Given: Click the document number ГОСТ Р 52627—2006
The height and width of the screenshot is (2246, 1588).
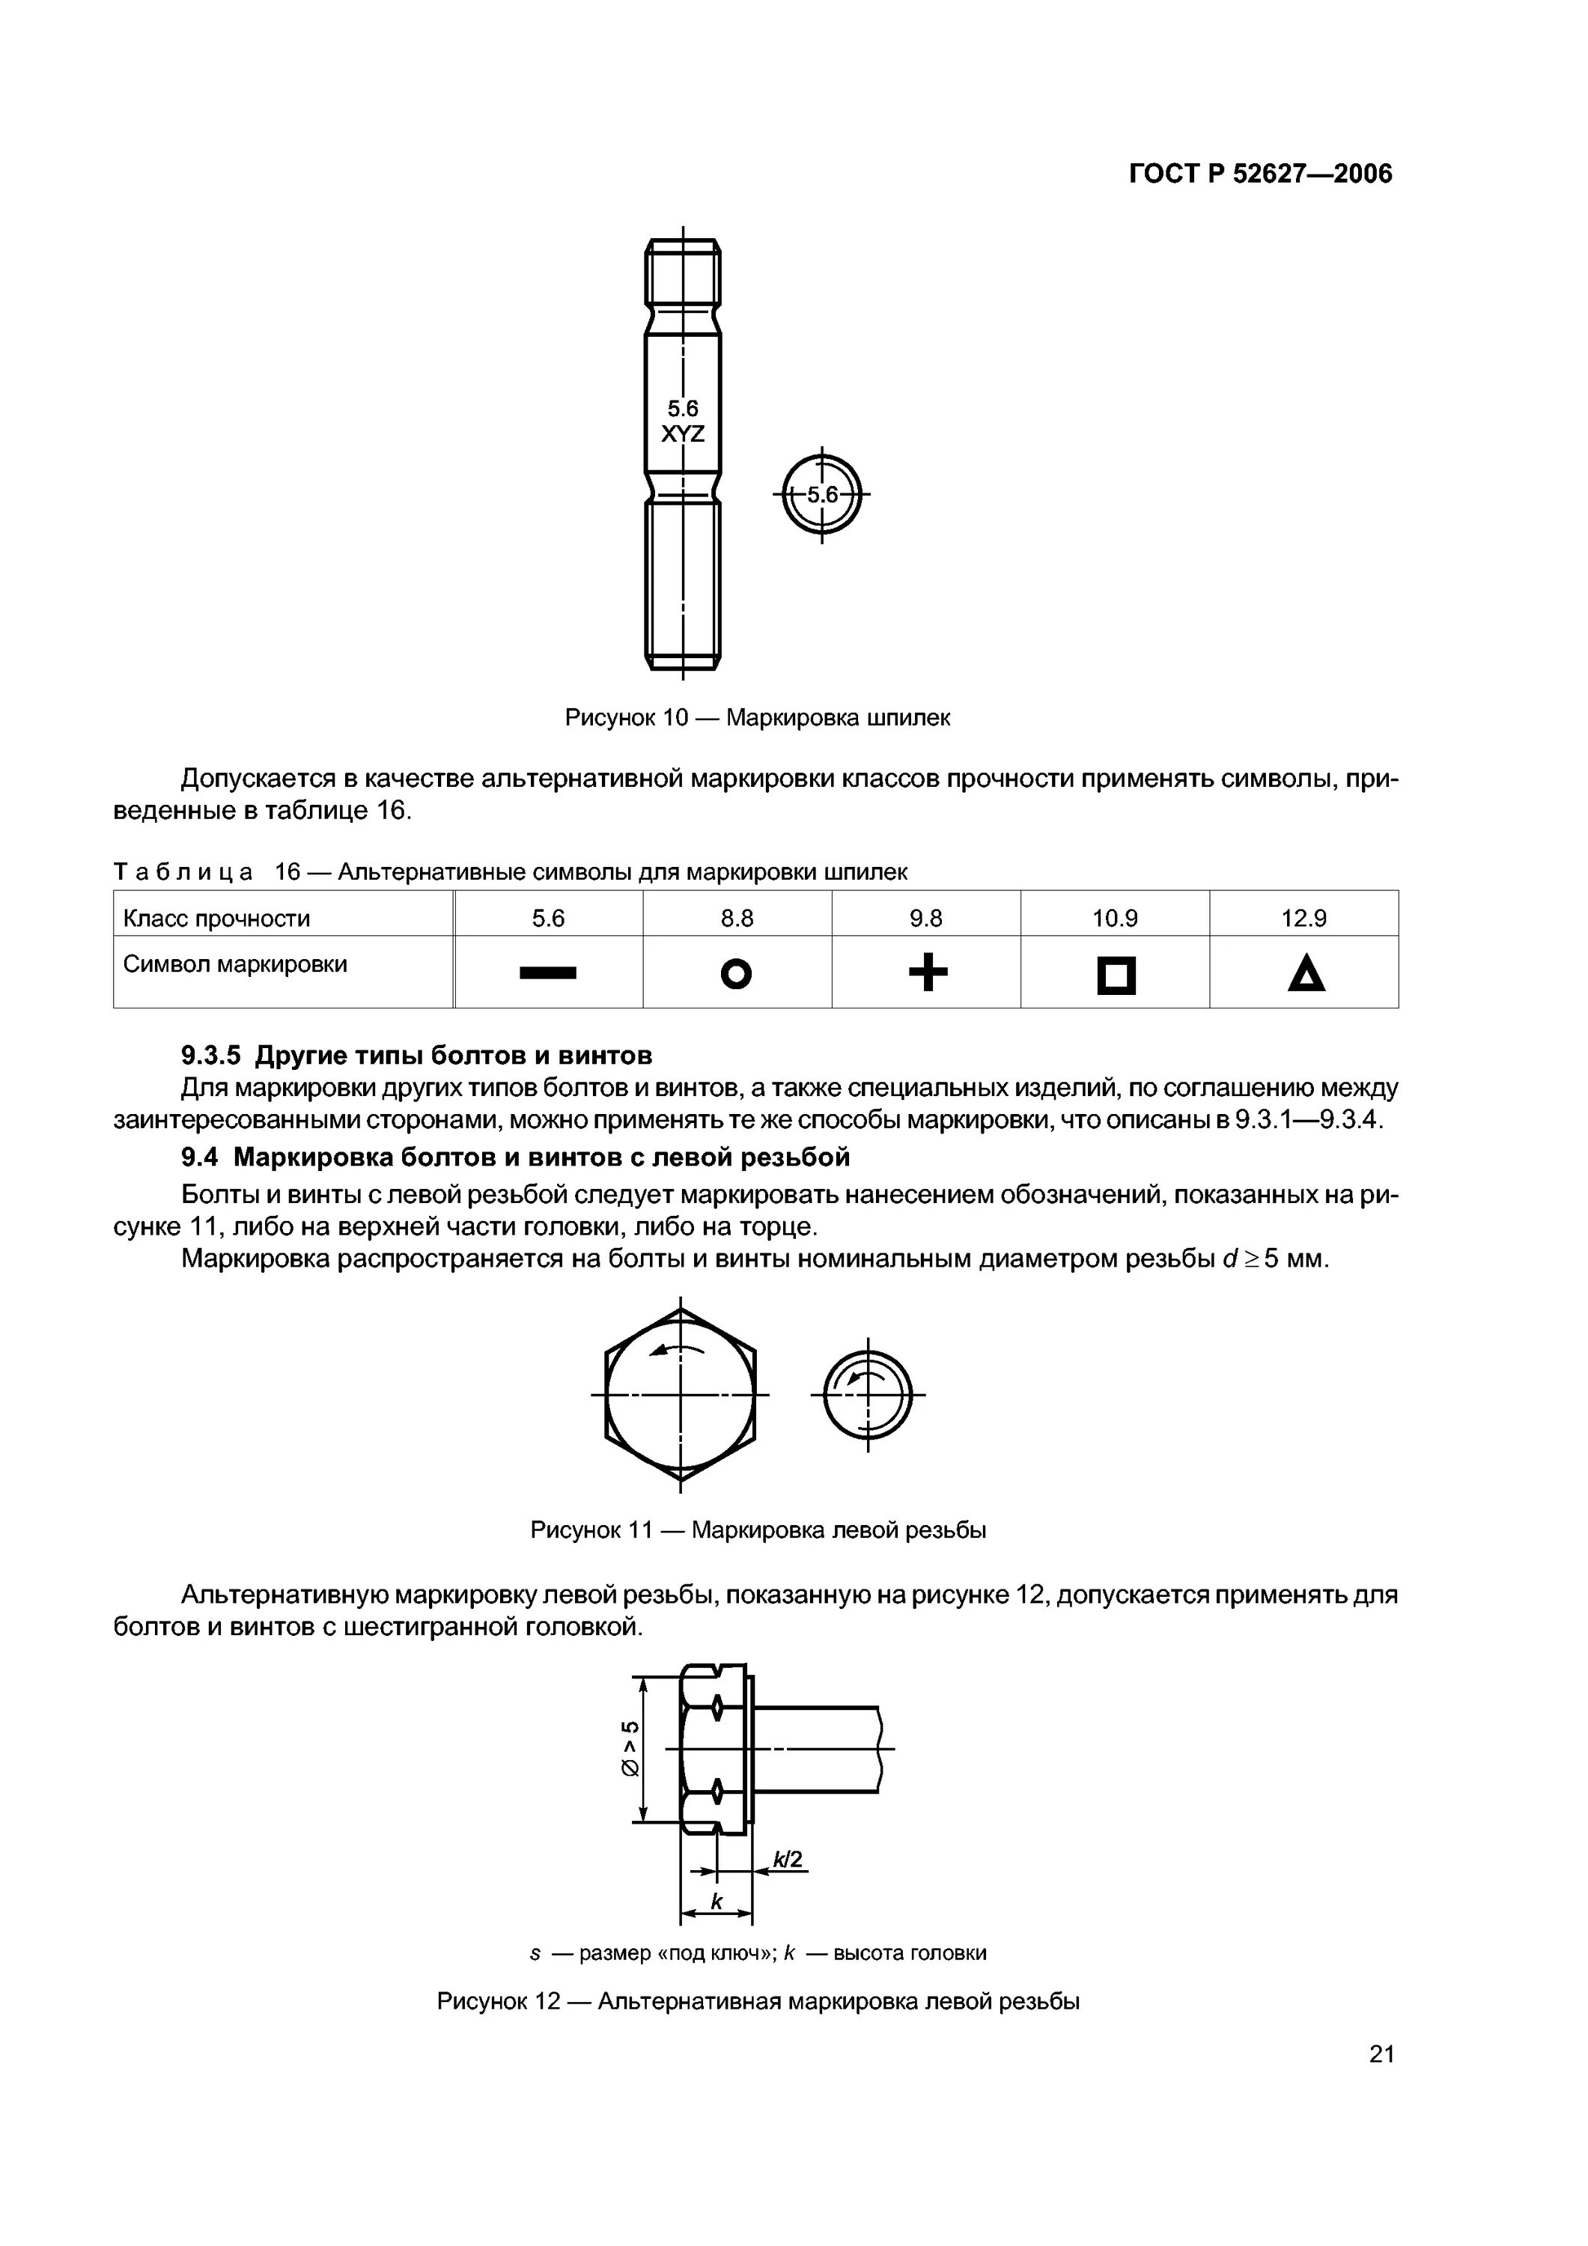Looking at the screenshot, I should point(1259,174).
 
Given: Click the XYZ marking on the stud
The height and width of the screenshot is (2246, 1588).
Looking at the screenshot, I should point(682,434).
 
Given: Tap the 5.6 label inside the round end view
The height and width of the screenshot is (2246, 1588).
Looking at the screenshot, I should point(822,495).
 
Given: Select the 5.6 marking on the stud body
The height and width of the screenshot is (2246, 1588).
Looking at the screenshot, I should point(682,408).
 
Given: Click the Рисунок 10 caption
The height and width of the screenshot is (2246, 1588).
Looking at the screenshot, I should point(757,718).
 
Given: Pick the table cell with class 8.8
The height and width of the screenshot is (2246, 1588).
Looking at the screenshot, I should point(737,918).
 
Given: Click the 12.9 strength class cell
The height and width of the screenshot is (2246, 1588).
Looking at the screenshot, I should point(1303,918).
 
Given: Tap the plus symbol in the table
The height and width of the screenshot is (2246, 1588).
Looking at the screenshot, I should point(928,973).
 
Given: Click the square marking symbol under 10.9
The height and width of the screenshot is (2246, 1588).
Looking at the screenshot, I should point(1116,976).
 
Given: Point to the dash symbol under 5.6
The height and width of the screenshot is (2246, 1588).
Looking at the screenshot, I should point(548,973).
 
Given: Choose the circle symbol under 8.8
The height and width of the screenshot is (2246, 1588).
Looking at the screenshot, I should point(736,974).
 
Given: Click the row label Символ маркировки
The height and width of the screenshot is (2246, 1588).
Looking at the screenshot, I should point(235,964).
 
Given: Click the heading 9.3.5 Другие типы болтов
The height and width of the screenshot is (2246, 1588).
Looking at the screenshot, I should point(417,1056).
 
